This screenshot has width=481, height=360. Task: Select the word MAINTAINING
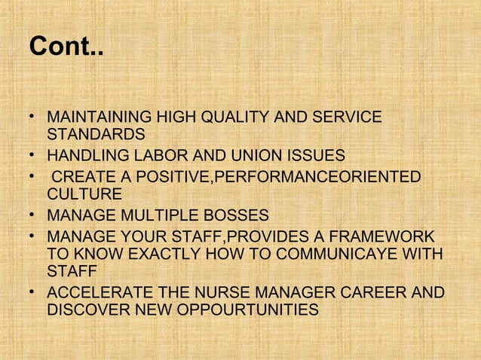pyautogui.click(x=99, y=117)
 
